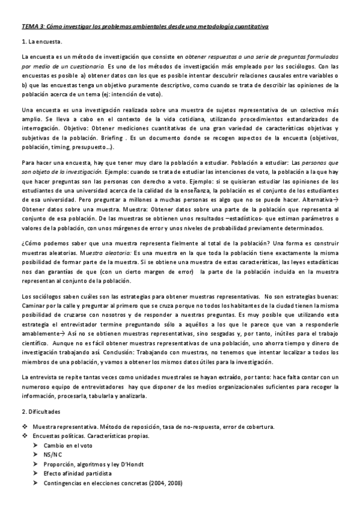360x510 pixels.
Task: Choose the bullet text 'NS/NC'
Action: pos(52,455)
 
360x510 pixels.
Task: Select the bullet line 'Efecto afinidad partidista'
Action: pos(78,474)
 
